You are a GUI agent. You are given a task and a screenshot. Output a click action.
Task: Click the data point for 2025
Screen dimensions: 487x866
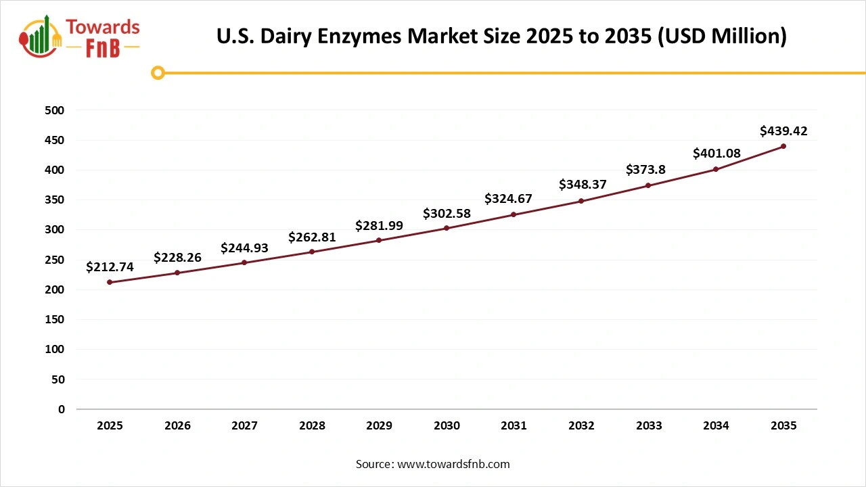pyautogui.click(x=110, y=282)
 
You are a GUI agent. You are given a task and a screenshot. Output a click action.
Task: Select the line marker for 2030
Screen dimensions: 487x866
pyautogui.click(x=447, y=228)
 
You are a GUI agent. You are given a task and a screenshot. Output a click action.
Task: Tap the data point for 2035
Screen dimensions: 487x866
pyautogui.click(x=783, y=146)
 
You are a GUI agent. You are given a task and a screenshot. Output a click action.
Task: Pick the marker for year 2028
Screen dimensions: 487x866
pyautogui.click(x=312, y=252)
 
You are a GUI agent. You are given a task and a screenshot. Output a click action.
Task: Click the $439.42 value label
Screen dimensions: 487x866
pyautogui.click(x=783, y=131)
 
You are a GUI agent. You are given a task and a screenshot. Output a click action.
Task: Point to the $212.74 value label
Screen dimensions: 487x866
pyautogui.click(x=110, y=267)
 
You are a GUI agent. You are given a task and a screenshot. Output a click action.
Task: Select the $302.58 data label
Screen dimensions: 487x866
pyautogui.click(x=447, y=214)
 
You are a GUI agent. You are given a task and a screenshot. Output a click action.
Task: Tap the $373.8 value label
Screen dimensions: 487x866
pyautogui.click(x=645, y=170)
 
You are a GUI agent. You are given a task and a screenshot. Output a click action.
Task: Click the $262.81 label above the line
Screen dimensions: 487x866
pyautogui.click(x=312, y=237)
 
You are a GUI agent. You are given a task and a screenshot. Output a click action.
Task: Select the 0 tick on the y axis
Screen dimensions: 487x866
pyautogui.click(x=61, y=409)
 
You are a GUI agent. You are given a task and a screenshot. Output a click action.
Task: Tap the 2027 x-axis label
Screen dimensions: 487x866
pyautogui.click(x=244, y=426)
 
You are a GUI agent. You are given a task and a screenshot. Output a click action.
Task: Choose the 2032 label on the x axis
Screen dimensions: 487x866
pyautogui.click(x=581, y=426)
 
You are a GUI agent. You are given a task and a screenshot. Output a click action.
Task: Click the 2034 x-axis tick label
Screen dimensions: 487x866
pyautogui.click(x=716, y=426)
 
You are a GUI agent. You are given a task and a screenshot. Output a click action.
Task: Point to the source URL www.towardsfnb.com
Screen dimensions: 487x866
pyautogui.click(x=453, y=464)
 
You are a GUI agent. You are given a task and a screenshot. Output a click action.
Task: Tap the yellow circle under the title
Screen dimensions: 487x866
pyautogui.click(x=158, y=72)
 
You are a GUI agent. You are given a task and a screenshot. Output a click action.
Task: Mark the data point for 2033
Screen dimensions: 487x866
pyautogui.click(x=648, y=185)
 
